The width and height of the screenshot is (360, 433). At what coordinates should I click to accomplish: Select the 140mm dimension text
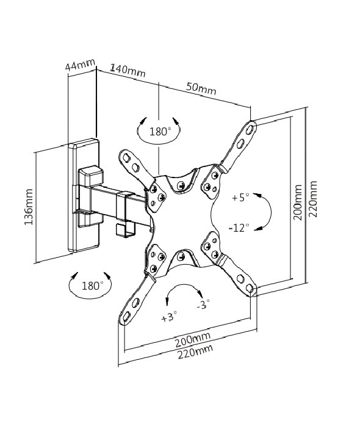(128, 70)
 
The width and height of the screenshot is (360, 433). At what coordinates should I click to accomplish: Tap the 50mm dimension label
(201, 88)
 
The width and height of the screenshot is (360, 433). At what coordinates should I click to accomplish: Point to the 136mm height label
(29, 207)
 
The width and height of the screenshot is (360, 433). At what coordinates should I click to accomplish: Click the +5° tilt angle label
(240, 198)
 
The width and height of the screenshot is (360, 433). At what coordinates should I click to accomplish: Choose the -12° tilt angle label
(239, 227)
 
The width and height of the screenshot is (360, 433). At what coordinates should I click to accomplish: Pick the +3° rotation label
(169, 317)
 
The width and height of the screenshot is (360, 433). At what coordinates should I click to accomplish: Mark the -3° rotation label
(203, 304)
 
